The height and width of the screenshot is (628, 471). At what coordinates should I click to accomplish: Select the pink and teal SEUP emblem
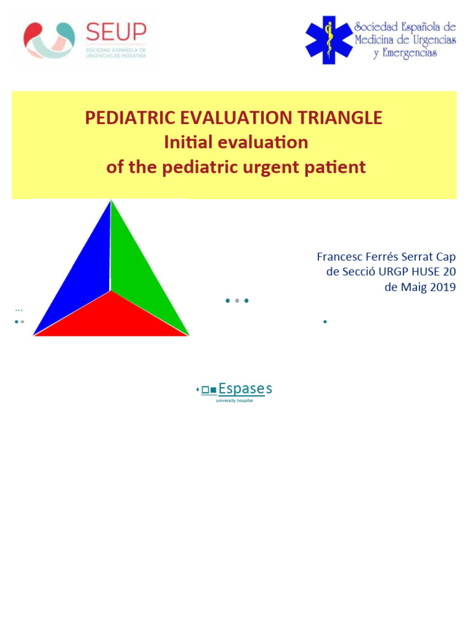click(x=49, y=40)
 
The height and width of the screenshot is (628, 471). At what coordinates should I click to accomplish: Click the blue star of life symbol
click(x=329, y=40)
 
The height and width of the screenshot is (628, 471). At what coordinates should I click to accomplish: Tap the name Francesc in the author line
click(x=341, y=256)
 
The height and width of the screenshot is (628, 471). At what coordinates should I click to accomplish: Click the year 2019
click(x=442, y=288)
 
